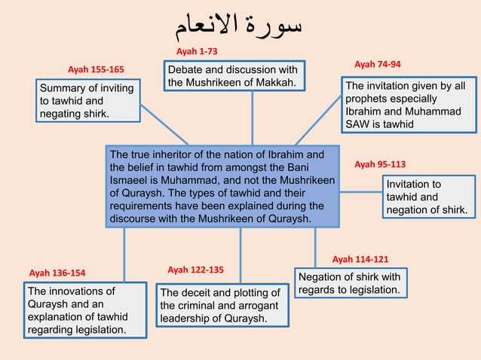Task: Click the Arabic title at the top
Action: (240, 27)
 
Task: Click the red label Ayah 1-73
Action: (197, 51)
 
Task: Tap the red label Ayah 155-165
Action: (97, 70)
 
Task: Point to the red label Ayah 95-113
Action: (380, 163)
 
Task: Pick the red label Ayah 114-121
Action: (360, 258)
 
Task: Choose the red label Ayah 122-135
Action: (195, 269)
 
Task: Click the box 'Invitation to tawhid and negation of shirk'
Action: (427, 197)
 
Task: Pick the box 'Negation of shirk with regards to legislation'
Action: (351, 282)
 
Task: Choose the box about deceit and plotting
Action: (219, 305)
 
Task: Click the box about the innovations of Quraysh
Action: (84, 310)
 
